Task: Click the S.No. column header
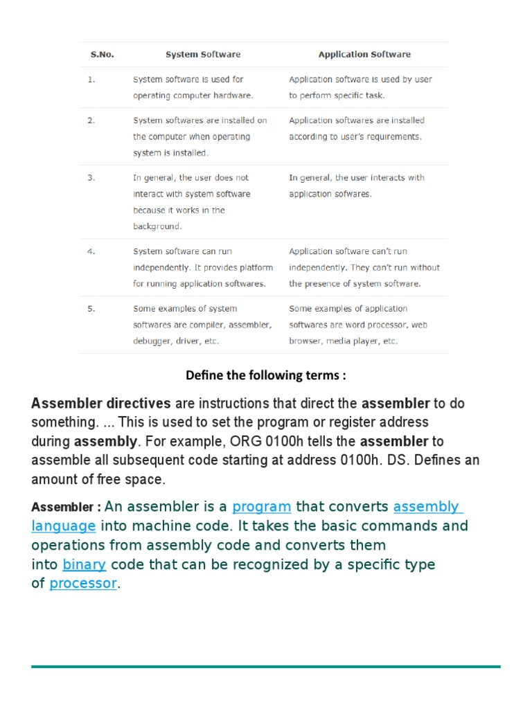(102, 54)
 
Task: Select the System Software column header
(203, 54)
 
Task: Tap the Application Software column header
(364, 54)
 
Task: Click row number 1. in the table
(91, 80)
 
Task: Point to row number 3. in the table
(91, 178)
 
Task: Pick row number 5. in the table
(91, 309)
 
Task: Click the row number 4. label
(91, 251)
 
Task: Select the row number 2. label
(91, 120)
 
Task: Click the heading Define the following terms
(265, 375)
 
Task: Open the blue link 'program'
(261, 507)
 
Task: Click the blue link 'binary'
(84, 564)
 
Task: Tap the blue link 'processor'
(83, 584)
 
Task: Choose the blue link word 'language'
(63, 526)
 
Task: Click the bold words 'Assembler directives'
(101, 403)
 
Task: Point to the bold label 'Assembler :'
(66, 508)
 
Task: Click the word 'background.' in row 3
(157, 226)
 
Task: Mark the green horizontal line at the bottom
(265, 666)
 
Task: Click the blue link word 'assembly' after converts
(426, 507)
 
